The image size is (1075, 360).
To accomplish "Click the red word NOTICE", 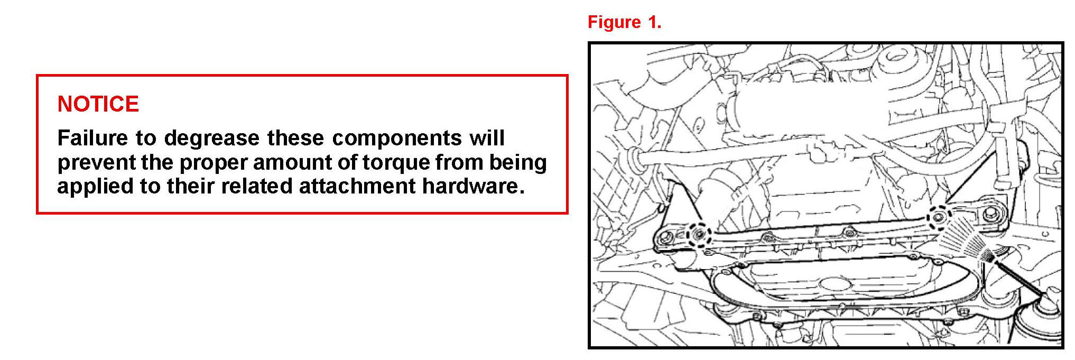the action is click(x=98, y=104).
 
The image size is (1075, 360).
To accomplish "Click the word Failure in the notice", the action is click(x=92, y=138).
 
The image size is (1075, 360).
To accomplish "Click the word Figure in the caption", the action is click(x=614, y=22).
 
